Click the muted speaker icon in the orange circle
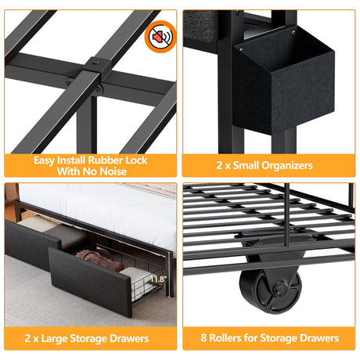tap(161, 37)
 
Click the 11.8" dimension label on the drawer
tap(158, 279)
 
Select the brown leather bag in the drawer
tap(100, 260)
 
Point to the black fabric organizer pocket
tap(283, 84)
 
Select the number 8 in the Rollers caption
tap(203, 337)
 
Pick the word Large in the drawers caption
tap(54, 338)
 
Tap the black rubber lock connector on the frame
tap(95, 68)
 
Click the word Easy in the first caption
tap(45, 160)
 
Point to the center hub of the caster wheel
tap(279, 290)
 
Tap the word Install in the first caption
tap(71, 160)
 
